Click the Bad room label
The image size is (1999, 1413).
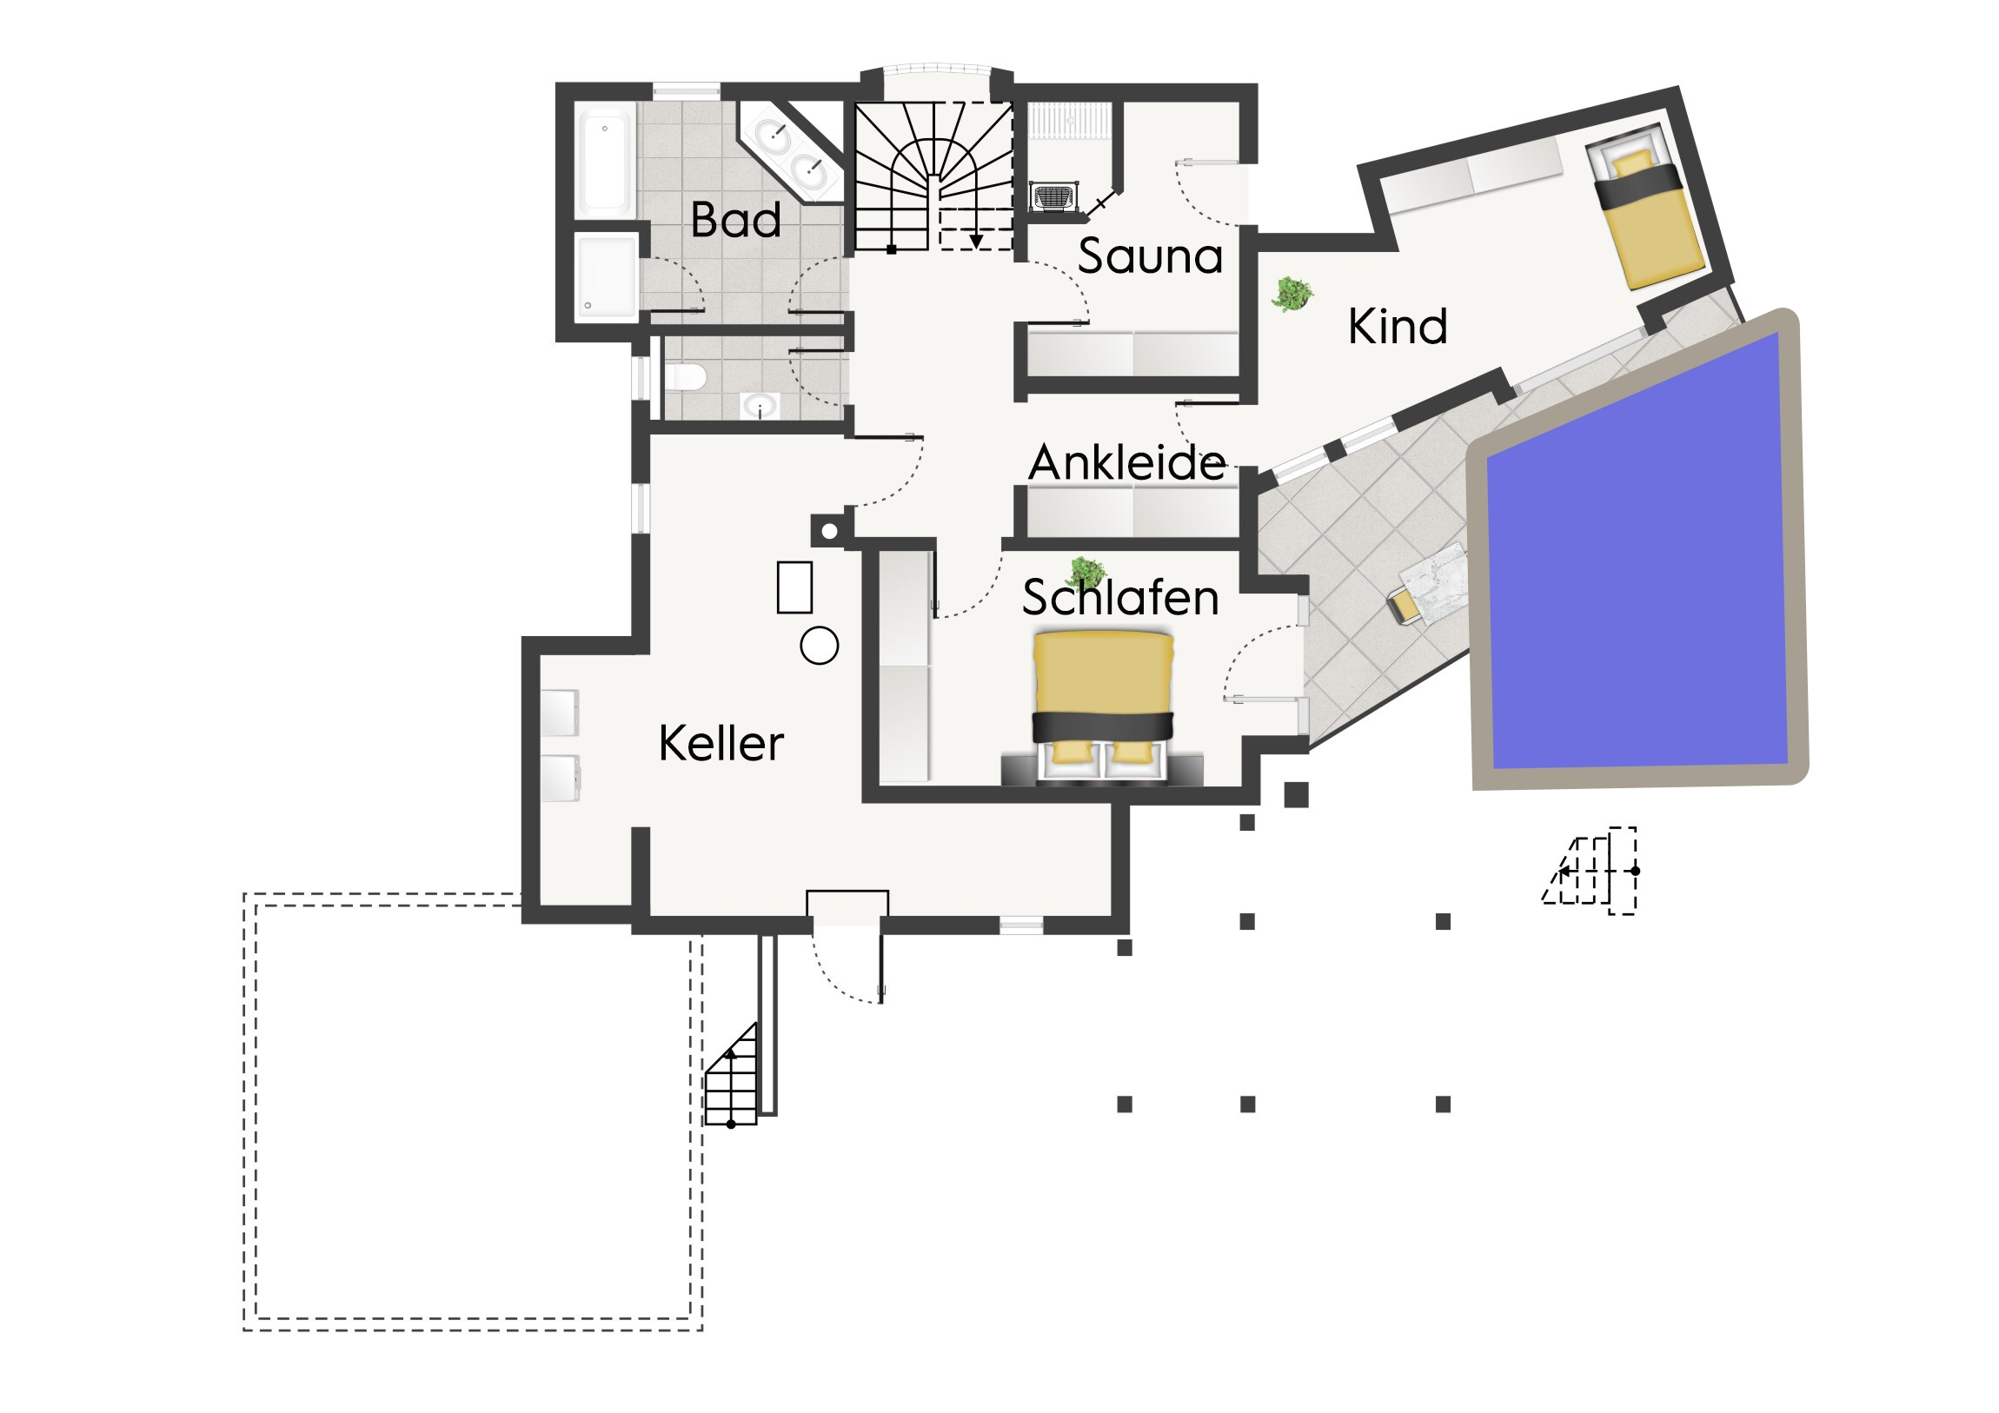735,219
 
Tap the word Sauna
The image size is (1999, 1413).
1150,256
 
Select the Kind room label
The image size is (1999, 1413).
1398,327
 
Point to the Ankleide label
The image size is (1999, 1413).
1127,462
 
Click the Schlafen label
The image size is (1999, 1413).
1120,597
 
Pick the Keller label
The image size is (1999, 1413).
721,744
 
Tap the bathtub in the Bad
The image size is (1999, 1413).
604,164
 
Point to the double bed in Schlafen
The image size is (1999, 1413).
1103,707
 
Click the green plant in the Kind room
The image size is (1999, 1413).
1292,295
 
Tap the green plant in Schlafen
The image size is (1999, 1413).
1086,573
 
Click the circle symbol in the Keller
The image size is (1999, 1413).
820,646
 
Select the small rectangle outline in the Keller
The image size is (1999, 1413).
795,587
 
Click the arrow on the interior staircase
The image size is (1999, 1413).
976,241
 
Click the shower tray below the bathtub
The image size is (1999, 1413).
607,277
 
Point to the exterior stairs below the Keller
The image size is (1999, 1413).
730,1076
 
